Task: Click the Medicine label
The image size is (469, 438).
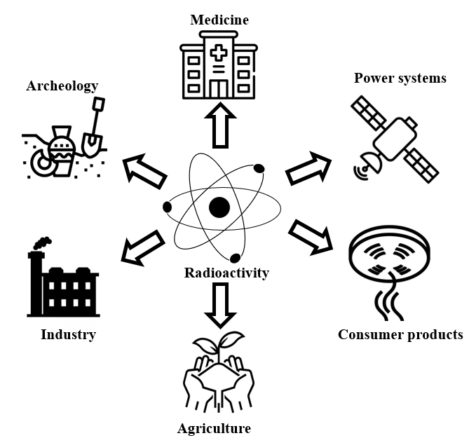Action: tap(219, 19)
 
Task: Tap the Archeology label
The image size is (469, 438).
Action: tap(62, 86)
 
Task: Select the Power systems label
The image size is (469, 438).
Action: tap(400, 78)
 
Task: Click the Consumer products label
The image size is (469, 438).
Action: tap(400, 334)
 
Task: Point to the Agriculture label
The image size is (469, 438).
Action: tap(214, 427)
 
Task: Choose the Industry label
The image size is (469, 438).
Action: tap(68, 334)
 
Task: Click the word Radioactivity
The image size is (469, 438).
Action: tap(226, 273)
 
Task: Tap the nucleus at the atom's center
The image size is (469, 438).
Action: tap(219, 207)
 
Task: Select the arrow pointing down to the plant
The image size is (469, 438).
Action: tap(219, 306)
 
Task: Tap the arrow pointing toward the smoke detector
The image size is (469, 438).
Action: tap(311, 235)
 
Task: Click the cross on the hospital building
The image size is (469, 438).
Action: tap(220, 55)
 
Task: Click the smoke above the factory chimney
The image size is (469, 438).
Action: tap(41, 243)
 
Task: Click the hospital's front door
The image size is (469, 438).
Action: tap(220, 89)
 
